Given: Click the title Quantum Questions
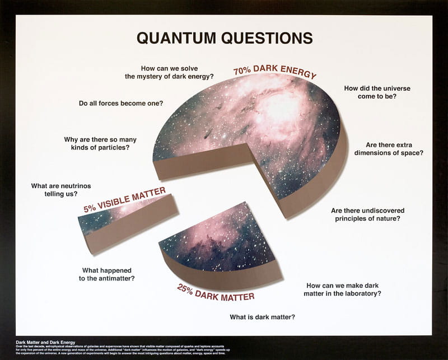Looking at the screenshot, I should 225,38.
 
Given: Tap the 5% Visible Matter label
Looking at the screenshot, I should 125,200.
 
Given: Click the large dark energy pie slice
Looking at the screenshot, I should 263,129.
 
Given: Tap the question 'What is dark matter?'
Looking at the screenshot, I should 263,317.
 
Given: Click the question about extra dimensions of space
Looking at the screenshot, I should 394,148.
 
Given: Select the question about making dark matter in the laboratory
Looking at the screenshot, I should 342,289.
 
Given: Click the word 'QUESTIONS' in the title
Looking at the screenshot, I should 267,38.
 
